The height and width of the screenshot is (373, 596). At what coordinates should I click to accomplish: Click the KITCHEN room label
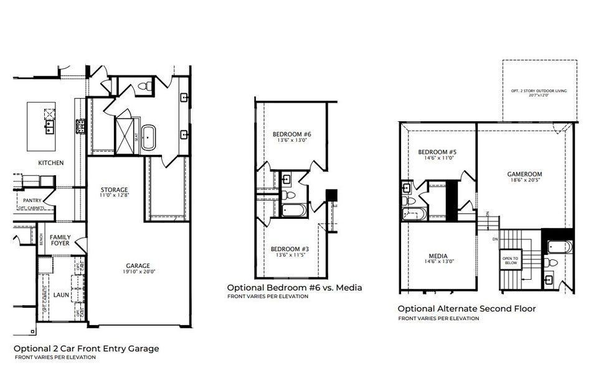[51, 163]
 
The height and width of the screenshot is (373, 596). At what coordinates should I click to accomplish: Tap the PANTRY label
[32, 200]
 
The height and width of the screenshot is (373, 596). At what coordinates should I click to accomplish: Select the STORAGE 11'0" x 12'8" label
[115, 192]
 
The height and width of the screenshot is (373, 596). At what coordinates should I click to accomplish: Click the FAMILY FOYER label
[60, 239]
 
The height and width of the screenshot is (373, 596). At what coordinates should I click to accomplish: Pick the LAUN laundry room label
[60, 295]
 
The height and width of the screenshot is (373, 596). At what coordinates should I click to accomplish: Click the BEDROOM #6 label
[291, 137]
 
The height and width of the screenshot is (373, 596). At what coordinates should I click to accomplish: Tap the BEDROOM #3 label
[291, 252]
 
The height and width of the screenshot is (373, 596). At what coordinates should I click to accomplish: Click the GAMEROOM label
[524, 177]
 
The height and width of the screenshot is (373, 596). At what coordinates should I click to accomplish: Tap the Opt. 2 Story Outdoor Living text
[539, 93]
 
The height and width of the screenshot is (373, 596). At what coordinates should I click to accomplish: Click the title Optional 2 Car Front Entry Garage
[86, 349]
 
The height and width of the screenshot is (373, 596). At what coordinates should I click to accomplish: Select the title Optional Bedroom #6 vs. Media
[294, 288]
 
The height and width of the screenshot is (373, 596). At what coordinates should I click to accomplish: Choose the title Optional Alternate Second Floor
[466, 308]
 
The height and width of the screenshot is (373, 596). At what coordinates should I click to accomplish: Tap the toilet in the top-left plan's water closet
[143, 86]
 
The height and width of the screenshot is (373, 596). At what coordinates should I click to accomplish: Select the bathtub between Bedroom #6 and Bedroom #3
[293, 210]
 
